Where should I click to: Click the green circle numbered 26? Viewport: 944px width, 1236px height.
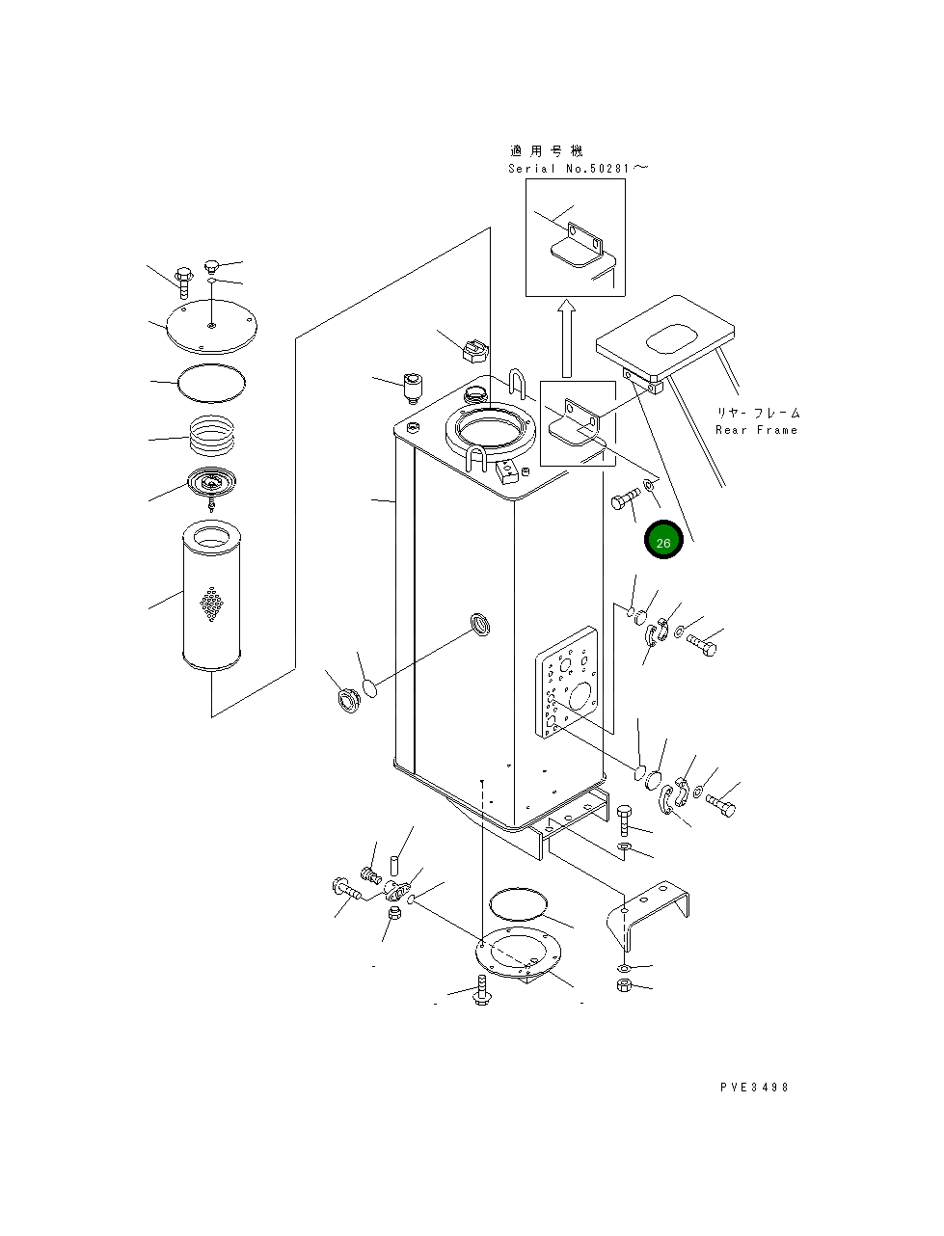tap(663, 540)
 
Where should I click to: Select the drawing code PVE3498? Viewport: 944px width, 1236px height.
tap(754, 1088)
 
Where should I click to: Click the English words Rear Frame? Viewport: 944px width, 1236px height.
tap(757, 430)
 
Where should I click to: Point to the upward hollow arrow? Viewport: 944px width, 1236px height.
tap(566, 337)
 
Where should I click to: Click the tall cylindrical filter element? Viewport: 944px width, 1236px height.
tap(212, 595)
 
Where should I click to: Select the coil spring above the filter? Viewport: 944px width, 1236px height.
tap(212, 435)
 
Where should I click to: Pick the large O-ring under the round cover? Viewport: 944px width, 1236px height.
tap(211, 383)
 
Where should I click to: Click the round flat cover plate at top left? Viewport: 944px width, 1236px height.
tap(212, 327)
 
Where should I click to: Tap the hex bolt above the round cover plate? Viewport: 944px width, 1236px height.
tap(183, 282)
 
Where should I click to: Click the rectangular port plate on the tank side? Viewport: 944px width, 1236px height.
tap(566, 682)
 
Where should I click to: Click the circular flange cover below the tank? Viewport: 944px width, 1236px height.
tap(519, 951)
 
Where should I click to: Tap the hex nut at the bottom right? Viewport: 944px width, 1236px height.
tap(624, 985)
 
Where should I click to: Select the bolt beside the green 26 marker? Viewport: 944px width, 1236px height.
tap(625, 498)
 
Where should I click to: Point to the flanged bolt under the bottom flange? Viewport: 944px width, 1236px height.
tap(481, 990)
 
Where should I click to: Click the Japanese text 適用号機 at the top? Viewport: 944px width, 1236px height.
tap(547, 151)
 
